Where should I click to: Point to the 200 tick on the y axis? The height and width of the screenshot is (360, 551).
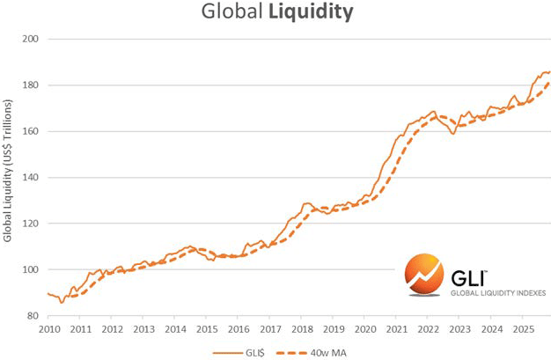[30, 40]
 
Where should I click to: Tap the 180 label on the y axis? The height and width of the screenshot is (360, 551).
[30, 85]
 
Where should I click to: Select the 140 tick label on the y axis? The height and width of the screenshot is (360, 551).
[30, 178]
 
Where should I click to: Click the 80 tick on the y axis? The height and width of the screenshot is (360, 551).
[33, 315]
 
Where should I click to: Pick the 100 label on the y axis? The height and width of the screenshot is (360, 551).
[30, 269]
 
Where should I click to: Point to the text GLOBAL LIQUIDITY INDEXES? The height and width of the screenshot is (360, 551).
[498, 292]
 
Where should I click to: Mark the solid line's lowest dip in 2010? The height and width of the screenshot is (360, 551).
[61, 302]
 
